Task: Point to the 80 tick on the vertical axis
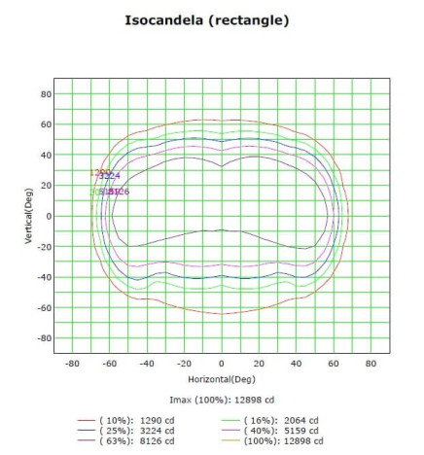(x=45, y=94)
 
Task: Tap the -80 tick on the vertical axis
(x=43, y=338)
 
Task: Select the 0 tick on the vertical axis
(x=48, y=216)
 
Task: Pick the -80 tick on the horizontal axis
(x=71, y=363)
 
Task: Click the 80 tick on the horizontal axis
(x=371, y=363)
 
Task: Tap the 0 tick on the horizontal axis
(x=221, y=363)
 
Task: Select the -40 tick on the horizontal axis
(x=146, y=363)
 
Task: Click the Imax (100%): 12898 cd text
(x=221, y=399)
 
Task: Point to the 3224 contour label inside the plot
(x=109, y=176)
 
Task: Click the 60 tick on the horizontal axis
(x=333, y=363)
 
